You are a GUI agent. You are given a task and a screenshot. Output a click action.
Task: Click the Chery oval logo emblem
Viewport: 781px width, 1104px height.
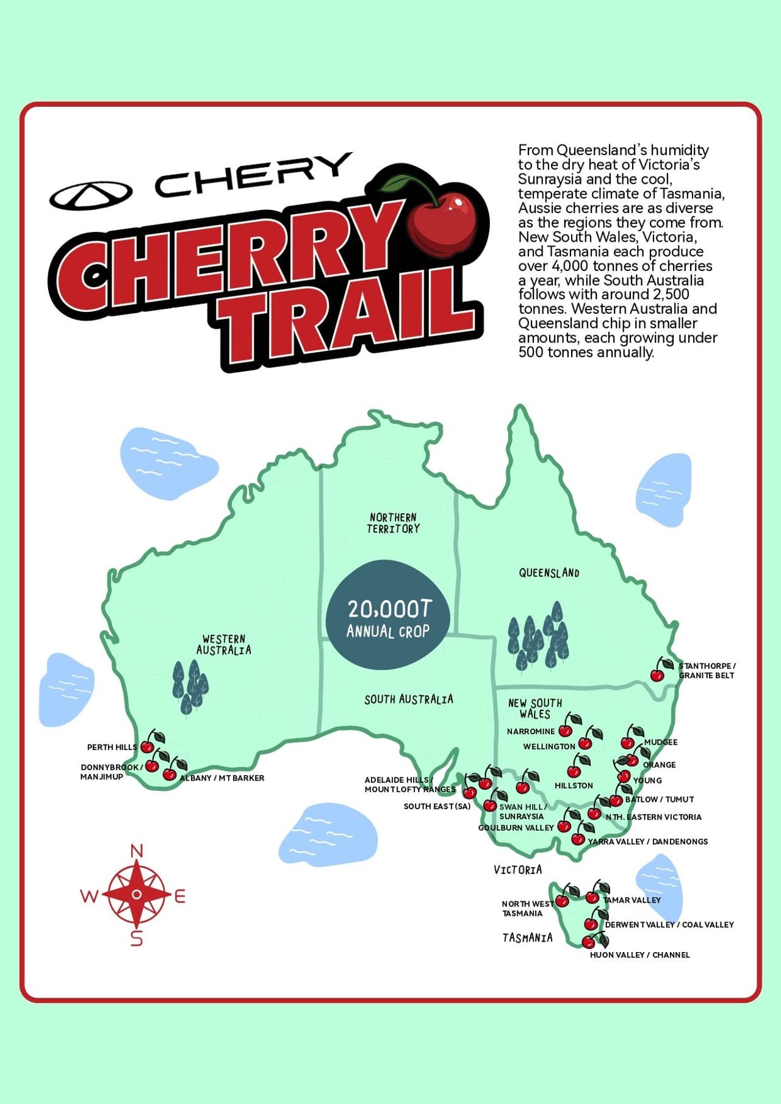(x=91, y=194)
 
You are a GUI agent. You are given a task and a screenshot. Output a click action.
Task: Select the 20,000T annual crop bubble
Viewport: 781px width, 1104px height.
(x=389, y=615)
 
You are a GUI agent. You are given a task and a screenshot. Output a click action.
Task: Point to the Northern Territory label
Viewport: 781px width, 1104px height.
(x=394, y=523)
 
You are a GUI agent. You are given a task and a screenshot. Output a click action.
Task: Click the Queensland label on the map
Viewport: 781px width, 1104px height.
(x=549, y=572)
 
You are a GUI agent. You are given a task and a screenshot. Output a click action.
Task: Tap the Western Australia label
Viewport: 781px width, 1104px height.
(x=223, y=644)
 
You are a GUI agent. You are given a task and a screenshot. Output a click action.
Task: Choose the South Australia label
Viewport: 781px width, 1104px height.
(x=409, y=699)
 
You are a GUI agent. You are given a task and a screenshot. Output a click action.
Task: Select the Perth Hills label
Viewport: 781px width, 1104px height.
(x=112, y=747)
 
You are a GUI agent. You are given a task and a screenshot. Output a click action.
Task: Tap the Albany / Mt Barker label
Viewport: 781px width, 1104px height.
(x=222, y=778)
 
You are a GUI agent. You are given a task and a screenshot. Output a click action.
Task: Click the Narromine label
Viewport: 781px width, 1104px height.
(x=531, y=731)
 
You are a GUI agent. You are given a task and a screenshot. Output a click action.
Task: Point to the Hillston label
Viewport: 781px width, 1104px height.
(x=574, y=785)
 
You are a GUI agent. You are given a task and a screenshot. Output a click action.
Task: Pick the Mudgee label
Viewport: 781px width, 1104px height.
(x=661, y=742)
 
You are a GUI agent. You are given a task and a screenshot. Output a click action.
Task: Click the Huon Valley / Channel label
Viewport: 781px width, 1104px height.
(x=639, y=954)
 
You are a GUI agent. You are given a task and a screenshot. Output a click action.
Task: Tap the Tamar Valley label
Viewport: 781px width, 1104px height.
(x=632, y=900)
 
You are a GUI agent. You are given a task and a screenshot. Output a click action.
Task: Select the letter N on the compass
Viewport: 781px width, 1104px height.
(x=137, y=851)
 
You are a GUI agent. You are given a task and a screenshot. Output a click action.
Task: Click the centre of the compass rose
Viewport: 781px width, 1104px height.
(x=137, y=894)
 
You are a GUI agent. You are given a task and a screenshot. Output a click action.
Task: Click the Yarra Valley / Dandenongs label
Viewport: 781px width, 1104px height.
(x=648, y=842)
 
